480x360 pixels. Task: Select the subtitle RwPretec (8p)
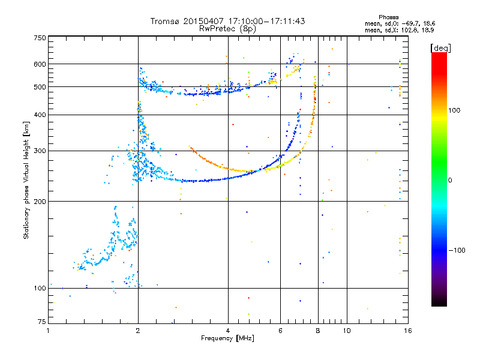point(227,29)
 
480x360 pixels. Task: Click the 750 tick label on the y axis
point(40,38)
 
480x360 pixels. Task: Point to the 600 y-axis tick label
point(40,64)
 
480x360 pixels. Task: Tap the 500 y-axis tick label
point(40,86)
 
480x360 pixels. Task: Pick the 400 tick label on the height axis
point(40,115)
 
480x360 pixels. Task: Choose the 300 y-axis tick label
point(40,151)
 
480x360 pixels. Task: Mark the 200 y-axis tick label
point(40,202)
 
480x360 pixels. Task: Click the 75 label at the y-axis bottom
point(42,322)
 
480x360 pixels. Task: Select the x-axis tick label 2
point(138,331)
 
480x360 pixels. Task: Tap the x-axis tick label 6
point(280,331)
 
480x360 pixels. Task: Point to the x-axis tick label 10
point(347,331)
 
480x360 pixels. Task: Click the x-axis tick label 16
point(408,331)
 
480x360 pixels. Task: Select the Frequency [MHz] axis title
point(227,338)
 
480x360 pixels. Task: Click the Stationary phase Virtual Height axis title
point(26,181)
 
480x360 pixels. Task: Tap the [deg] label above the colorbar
point(440,48)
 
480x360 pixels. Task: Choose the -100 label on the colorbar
point(457,250)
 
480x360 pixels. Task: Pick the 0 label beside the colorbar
point(450,181)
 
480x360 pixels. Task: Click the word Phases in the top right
point(388,17)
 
